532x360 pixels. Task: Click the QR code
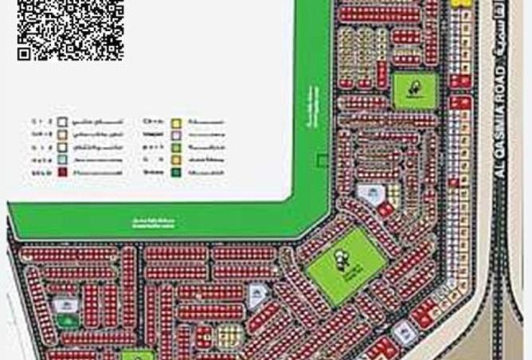[70, 29]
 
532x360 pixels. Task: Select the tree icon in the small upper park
[415, 89]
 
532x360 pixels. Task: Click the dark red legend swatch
[61, 171]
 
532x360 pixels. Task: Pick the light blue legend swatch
[61, 159]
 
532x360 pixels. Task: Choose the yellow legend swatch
[176, 123]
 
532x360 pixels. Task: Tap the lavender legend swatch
[176, 135]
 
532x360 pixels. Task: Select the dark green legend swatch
[176, 171]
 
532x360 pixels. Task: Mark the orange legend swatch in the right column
[176, 159]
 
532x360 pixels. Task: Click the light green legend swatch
[176, 147]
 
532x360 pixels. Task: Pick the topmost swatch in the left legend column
[61, 123]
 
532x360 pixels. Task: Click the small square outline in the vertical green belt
[321, 160]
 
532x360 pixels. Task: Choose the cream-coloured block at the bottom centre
[228, 335]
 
